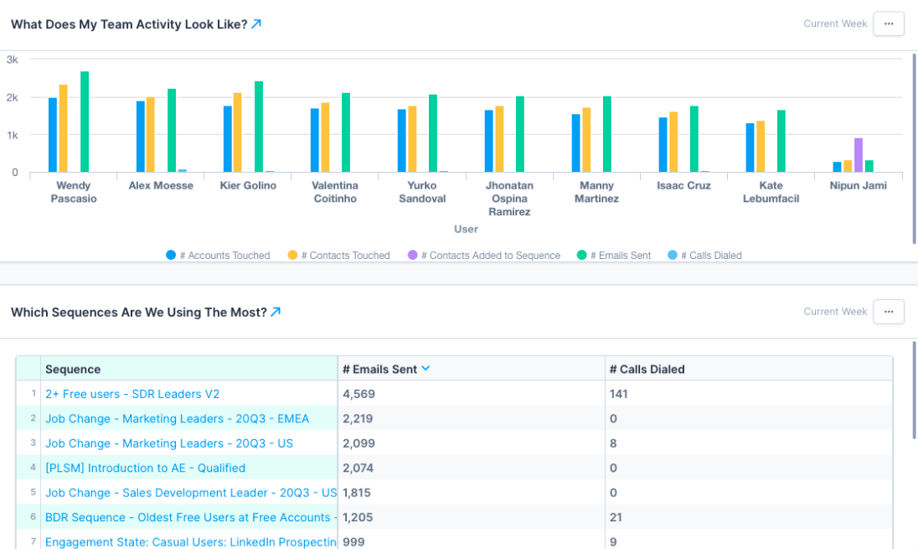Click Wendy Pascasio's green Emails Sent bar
(85, 122)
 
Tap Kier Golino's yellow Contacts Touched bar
(237, 132)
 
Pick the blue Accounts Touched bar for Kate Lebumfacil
(750, 148)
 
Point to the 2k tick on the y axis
(13, 97)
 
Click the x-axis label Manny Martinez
(597, 192)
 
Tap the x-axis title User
(466, 229)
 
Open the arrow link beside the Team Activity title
(256, 24)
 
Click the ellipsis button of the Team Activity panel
(888, 23)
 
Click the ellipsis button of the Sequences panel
(888, 311)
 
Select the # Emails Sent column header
(379, 369)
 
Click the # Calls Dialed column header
(647, 369)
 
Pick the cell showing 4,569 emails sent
(359, 394)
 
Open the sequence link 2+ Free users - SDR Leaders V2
(132, 394)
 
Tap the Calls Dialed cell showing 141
(618, 394)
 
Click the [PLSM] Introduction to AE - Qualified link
(145, 468)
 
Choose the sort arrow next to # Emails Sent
(425, 369)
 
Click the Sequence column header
(73, 369)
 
